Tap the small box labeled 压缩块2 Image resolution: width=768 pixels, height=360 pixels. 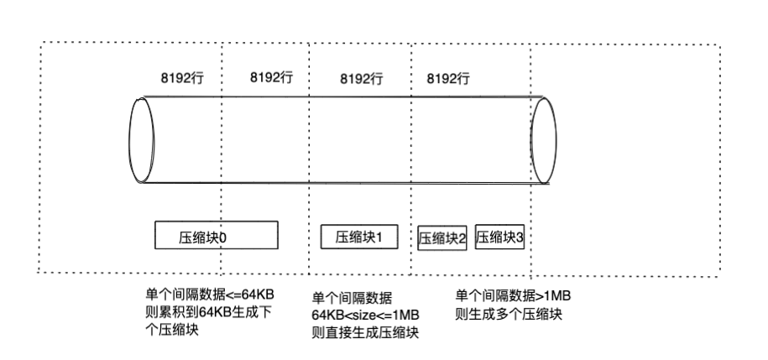coord(442,237)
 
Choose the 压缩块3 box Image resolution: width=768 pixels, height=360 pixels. coord(500,237)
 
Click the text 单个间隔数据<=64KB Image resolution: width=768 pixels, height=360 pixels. coord(211,295)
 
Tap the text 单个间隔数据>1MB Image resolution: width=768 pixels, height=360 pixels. coord(513,296)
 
